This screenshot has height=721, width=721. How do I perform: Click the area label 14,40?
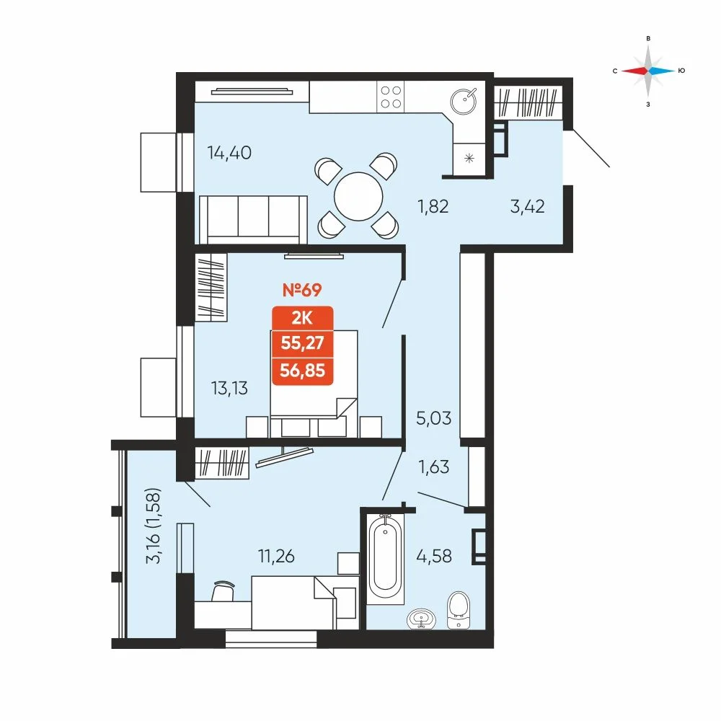click(x=229, y=153)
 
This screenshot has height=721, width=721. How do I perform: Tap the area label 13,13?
click(x=229, y=389)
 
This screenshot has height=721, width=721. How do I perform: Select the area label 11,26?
click(x=276, y=557)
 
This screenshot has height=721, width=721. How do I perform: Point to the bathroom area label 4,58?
click(x=434, y=557)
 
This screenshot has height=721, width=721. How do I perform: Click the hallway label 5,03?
click(x=433, y=418)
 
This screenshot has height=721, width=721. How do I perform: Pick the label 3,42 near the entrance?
click(x=528, y=206)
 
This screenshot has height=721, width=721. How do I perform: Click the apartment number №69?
click(x=302, y=290)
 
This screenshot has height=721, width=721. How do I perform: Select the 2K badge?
click(x=302, y=318)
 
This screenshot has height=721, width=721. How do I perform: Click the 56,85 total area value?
click(x=302, y=370)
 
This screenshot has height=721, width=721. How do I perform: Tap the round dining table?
click(x=358, y=196)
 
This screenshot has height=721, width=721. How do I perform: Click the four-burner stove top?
click(x=391, y=97)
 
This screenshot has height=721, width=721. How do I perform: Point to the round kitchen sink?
click(x=464, y=100)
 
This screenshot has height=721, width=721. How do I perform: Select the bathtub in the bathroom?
click(x=385, y=558)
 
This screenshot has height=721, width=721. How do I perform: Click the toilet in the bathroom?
click(x=459, y=610)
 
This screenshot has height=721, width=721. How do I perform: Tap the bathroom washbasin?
click(x=421, y=619)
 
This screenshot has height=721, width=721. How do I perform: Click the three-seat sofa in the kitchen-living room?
click(x=253, y=219)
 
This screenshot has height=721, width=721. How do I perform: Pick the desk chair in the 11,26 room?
click(x=224, y=590)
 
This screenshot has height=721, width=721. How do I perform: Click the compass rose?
click(x=648, y=71)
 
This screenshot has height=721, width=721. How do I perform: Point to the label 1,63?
click(x=433, y=467)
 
